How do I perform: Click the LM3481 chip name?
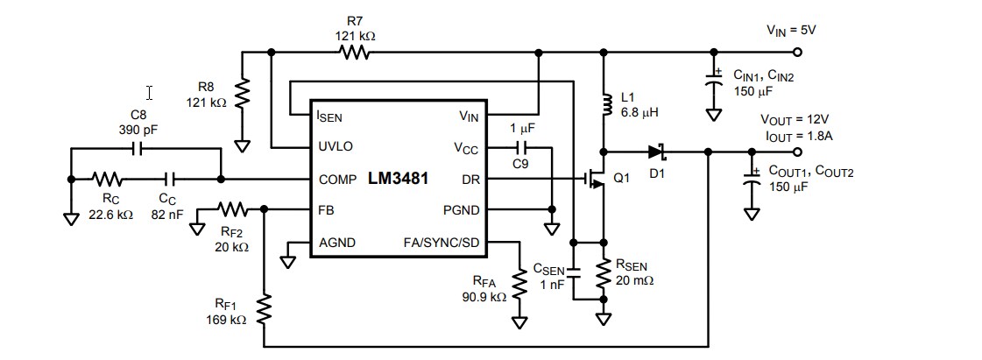click(399, 180)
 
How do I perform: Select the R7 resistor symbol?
click(356, 53)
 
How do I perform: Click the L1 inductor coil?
click(604, 104)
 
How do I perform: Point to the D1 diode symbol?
click(657, 152)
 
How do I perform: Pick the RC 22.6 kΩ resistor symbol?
click(109, 180)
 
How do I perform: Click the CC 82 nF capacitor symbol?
click(172, 180)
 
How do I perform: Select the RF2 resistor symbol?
click(233, 210)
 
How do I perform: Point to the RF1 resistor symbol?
click(264, 308)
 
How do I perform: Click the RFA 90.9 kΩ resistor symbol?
click(519, 285)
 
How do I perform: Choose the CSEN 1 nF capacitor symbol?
click(573, 272)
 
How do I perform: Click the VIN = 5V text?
click(791, 30)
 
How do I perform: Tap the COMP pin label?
click(337, 180)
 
